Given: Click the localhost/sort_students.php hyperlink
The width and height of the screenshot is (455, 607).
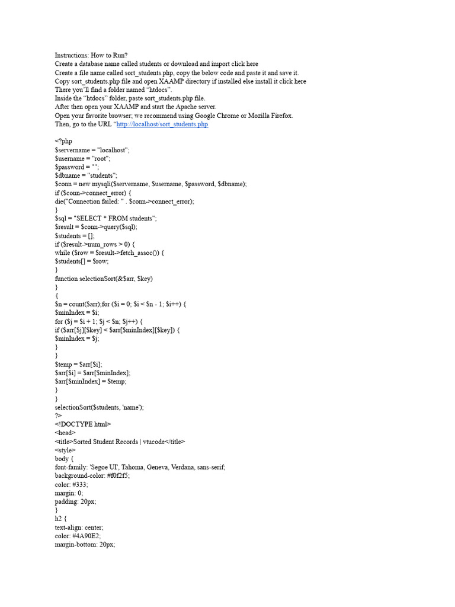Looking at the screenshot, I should (x=162, y=124).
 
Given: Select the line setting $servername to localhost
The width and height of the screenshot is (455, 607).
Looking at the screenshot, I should (x=92, y=151).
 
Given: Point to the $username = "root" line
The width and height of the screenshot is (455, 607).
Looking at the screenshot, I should (x=82, y=159).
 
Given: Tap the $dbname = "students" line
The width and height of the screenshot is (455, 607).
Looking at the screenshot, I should (x=86, y=176).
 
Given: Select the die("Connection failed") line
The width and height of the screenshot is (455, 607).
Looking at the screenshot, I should (x=124, y=202).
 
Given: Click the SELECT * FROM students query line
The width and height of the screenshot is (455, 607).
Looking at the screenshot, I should (x=105, y=219).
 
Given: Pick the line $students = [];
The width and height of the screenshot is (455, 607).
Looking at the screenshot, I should (x=75, y=236).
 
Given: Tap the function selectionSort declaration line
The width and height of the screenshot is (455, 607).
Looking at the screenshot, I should (x=107, y=279).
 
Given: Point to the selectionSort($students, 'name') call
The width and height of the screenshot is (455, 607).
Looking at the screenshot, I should (x=99, y=407).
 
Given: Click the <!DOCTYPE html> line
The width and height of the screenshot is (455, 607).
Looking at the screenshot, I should (x=83, y=424).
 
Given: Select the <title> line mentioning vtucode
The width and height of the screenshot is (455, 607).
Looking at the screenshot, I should (x=120, y=442).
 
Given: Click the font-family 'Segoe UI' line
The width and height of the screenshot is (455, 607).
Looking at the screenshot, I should (x=140, y=467).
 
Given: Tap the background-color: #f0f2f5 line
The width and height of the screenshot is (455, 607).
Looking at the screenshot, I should (x=92, y=475).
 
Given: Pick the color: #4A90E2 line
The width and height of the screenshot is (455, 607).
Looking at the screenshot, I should (x=78, y=535).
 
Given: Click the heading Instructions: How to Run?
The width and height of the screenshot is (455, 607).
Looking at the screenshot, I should (x=91, y=55).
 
